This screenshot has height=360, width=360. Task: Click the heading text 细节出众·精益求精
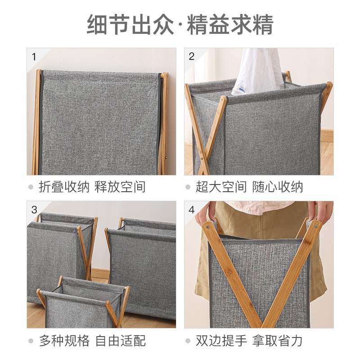[x=180, y=25]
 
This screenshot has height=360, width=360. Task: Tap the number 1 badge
[x=34, y=56]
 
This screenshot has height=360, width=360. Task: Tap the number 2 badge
[x=192, y=56]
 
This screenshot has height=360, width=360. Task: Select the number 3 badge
[x=34, y=210]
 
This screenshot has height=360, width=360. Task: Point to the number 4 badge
[x=192, y=210]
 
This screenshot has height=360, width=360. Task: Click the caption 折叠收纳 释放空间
[x=92, y=187]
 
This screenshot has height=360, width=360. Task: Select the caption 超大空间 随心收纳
[x=249, y=187]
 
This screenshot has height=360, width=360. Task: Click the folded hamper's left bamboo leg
[x=36, y=121]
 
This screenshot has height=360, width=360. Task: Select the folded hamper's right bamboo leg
[x=164, y=121]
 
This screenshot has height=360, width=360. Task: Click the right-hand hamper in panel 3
[x=142, y=265]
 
